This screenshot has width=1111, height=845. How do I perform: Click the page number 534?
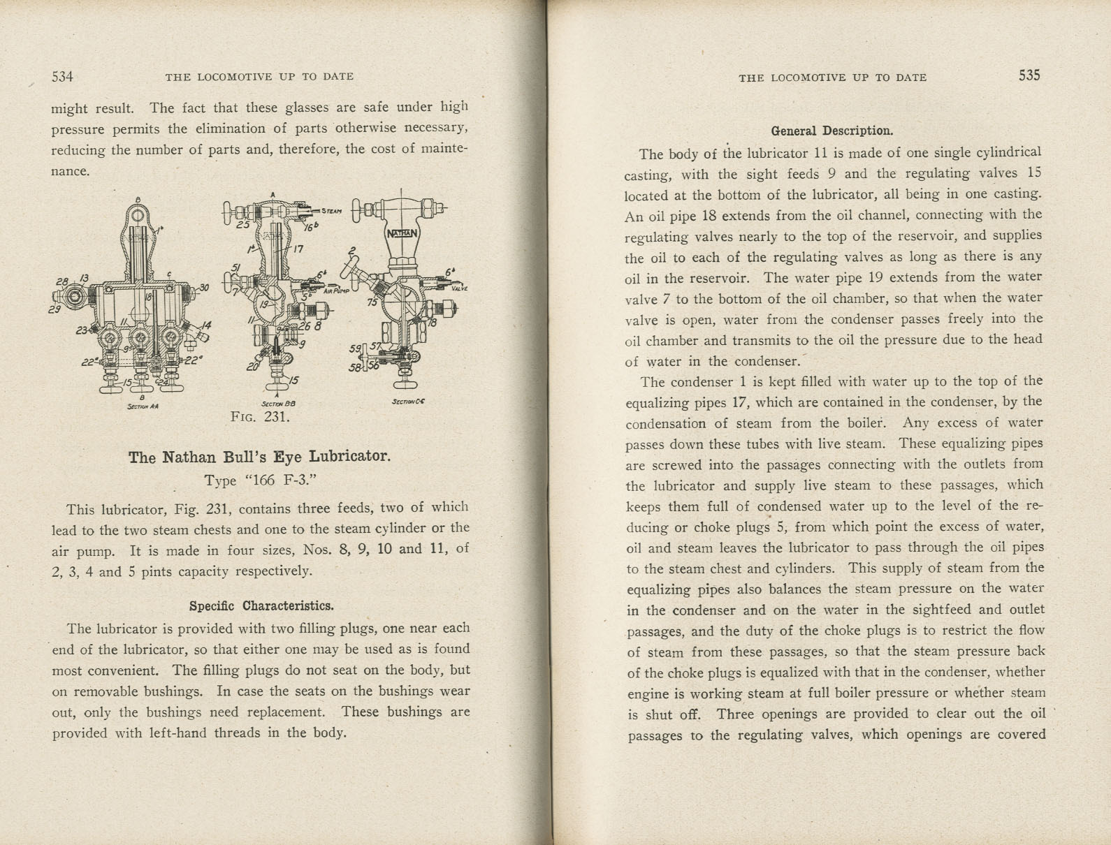coord(62,76)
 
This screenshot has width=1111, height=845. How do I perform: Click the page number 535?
coord(1029,75)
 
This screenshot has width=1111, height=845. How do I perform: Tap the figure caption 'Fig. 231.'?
coord(260,417)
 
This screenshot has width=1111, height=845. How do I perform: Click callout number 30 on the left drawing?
coord(203,287)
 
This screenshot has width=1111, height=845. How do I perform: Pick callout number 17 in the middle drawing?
coord(298,248)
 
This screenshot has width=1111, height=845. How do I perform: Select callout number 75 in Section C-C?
coord(372,302)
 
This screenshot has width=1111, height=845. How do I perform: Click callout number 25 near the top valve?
coord(242,225)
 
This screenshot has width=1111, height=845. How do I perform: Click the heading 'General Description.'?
coord(832,131)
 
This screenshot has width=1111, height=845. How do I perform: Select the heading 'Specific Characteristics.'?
coord(261,605)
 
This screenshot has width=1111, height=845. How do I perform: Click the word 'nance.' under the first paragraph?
coord(71,170)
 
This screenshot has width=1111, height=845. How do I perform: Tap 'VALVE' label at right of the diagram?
coord(459,289)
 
